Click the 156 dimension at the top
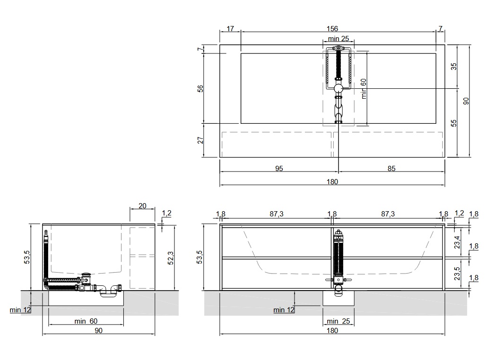click(332, 29)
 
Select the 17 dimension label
click(230, 29)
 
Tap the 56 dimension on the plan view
click(200, 89)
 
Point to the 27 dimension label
click(200, 140)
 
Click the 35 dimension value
click(454, 67)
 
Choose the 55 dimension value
click(454, 123)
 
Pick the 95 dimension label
click(279, 169)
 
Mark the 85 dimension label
click(391, 169)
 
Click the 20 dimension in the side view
click(142, 206)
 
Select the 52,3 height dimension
click(171, 258)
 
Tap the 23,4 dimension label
click(457, 242)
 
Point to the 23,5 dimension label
click(457, 274)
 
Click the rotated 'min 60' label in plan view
click(364, 88)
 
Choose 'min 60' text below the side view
click(86, 321)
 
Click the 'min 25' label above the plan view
click(338, 38)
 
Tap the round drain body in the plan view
click(338, 88)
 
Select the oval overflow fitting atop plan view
click(338, 49)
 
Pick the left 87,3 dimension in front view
click(277, 214)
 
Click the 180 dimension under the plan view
click(332, 182)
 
